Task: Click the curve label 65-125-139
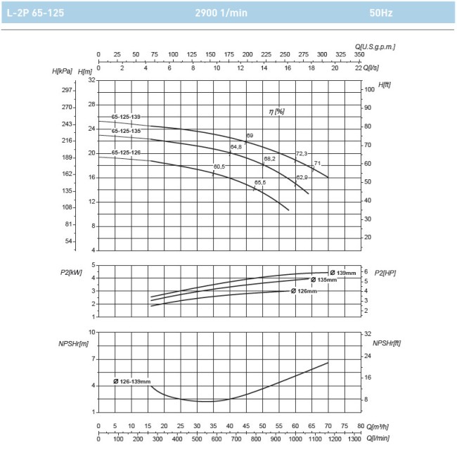[x=126, y=117]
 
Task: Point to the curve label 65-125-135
[x=126, y=131]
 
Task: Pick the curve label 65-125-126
[x=126, y=153]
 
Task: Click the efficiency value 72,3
[x=302, y=153]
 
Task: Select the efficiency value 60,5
[x=219, y=167]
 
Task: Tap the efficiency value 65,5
[x=259, y=183]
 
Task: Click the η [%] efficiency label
[x=276, y=111]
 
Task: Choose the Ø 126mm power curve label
[x=304, y=291]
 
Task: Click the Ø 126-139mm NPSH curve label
[x=131, y=381]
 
